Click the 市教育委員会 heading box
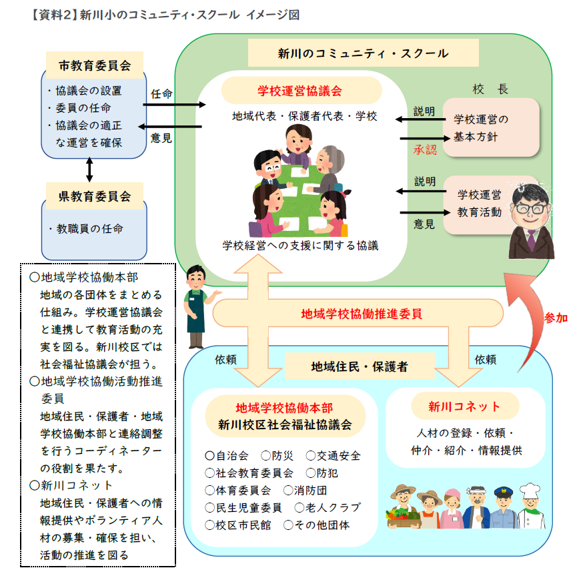(x=94, y=65)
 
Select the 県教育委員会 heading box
(x=94, y=196)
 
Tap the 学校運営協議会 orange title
(x=300, y=90)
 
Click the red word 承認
(x=424, y=150)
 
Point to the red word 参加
(x=556, y=318)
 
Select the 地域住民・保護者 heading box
(x=360, y=366)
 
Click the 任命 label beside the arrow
(x=161, y=93)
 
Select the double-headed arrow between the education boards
(x=89, y=170)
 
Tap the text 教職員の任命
(x=88, y=228)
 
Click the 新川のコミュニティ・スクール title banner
(x=363, y=53)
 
